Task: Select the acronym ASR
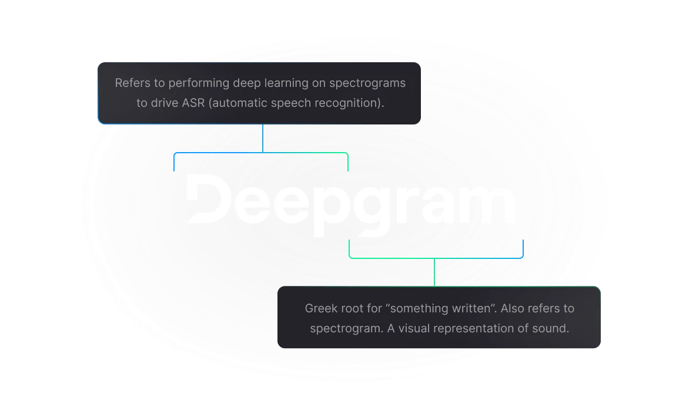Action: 194,103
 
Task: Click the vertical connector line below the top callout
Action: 263,139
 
